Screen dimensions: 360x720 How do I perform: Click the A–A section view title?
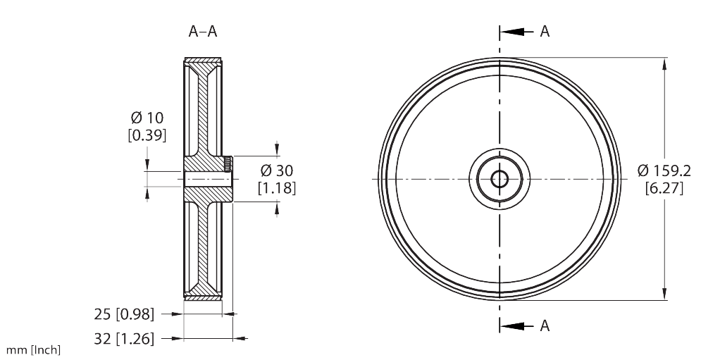(203, 31)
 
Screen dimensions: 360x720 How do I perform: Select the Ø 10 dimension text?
(147, 118)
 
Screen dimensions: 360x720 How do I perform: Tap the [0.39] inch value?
(147, 135)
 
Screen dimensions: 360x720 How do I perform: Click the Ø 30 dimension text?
(276, 170)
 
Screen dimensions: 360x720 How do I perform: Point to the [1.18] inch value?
(276, 188)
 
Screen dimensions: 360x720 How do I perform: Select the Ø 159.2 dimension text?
(664, 170)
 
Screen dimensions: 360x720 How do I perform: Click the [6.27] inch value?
(664, 188)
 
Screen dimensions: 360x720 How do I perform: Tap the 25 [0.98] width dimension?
(124, 314)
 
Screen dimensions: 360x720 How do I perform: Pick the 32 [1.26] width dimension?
(124, 339)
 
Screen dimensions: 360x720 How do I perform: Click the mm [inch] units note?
(33, 350)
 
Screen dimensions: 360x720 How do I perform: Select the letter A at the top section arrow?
(545, 32)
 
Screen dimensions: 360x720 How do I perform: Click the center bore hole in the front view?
(499, 179)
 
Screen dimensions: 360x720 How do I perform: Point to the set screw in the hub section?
(228, 164)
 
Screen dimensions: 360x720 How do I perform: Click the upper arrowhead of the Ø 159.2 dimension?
(664, 64)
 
